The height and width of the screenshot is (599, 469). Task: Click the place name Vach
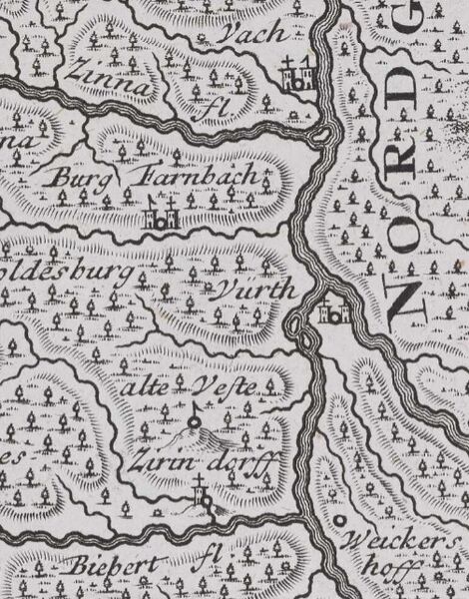coord(255,33)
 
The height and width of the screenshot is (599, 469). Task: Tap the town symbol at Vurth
coord(332,312)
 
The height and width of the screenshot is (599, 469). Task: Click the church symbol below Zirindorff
coord(205,496)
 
